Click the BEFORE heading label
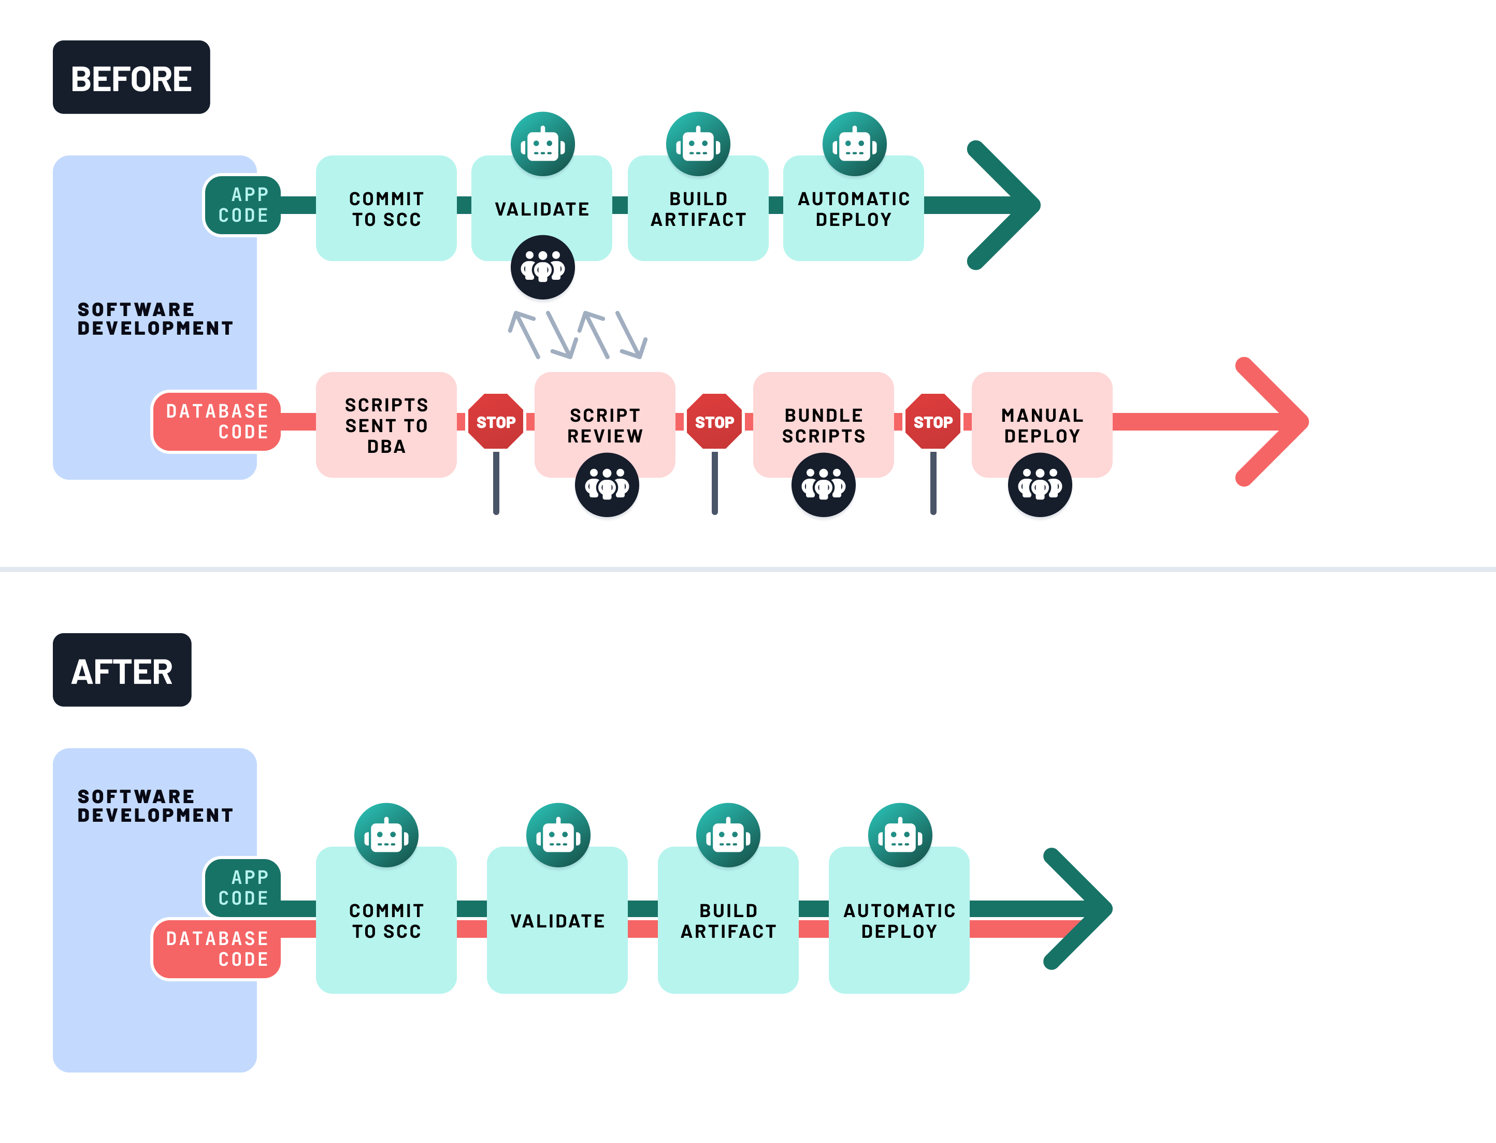[x=131, y=78]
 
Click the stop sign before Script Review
[x=496, y=422]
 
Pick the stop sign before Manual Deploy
[x=932, y=422]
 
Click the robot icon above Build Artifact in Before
[x=698, y=144]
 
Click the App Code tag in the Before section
[x=243, y=205]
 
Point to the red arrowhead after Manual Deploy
[x=1272, y=422]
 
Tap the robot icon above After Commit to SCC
[x=385, y=835]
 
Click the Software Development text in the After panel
[x=155, y=806]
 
